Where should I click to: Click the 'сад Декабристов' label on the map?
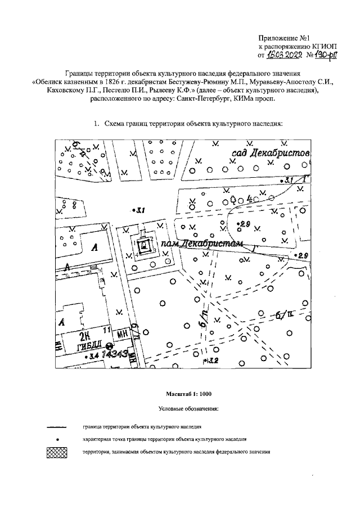pyautogui.click(x=270, y=155)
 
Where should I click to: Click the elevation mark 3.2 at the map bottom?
pyautogui.click(x=211, y=360)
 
